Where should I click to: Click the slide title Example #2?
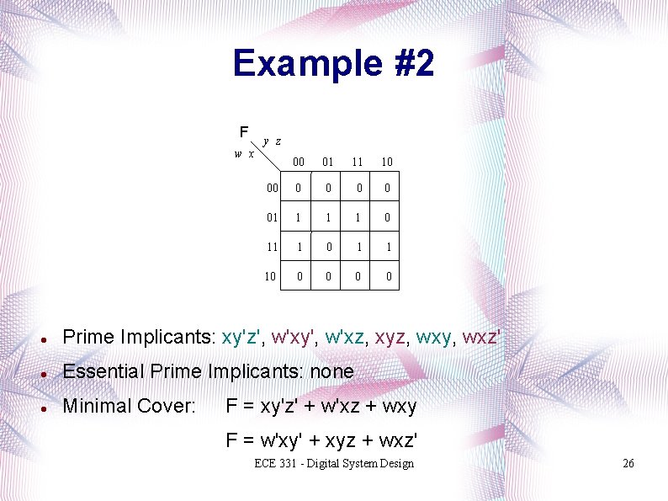coord(333,63)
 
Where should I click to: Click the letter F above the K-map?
coord(243,132)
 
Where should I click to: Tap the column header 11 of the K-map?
coord(358,161)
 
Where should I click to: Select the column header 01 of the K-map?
coord(328,161)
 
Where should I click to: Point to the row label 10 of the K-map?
coord(270,276)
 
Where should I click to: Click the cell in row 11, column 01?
coord(328,247)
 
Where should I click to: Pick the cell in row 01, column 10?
coord(387,217)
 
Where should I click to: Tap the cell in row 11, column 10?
coord(387,247)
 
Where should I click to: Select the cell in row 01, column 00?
coord(298,217)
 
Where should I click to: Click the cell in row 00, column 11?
coord(358,189)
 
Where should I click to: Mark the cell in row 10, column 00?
coord(298,276)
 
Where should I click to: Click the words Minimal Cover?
coord(129,406)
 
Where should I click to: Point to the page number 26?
coord(628,464)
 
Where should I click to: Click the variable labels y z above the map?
coord(272,141)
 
